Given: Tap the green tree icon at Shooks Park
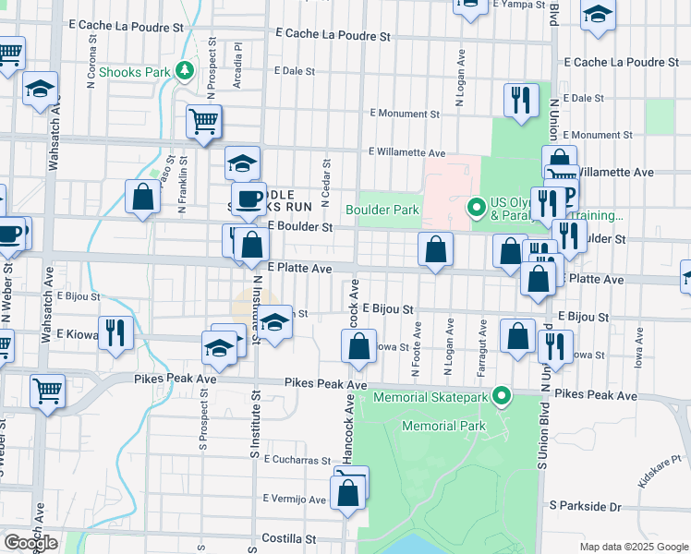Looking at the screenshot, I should (x=185, y=70).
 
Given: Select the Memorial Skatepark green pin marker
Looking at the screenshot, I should (x=502, y=397).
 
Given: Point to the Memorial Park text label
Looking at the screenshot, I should (x=443, y=426).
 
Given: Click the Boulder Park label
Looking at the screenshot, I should (x=382, y=210).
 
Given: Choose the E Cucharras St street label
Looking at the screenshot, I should (x=297, y=459).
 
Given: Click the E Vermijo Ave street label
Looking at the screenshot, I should (x=293, y=500).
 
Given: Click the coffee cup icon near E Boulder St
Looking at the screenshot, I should (x=249, y=198).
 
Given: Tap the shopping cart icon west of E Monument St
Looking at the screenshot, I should (x=204, y=121).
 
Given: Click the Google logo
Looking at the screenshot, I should (x=30, y=543).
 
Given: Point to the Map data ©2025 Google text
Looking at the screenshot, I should (x=633, y=547).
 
